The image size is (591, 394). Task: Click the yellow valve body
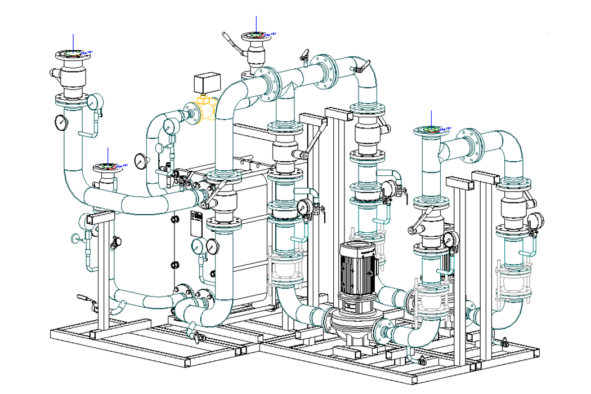click(x=206, y=108)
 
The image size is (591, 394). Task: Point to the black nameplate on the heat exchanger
click(x=196, y=224)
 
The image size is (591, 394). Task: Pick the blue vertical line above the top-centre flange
click(x=257, y=23)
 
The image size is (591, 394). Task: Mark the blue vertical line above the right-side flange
click(x=431, y=118)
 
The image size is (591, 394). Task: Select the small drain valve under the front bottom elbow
click(x=197, y=337)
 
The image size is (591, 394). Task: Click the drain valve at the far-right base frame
click(x=504, y=342)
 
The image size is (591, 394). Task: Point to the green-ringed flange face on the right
click(x=431, y=130)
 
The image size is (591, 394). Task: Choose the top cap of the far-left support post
click(x=100, y=215)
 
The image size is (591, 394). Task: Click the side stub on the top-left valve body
click(x=55, y=72)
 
